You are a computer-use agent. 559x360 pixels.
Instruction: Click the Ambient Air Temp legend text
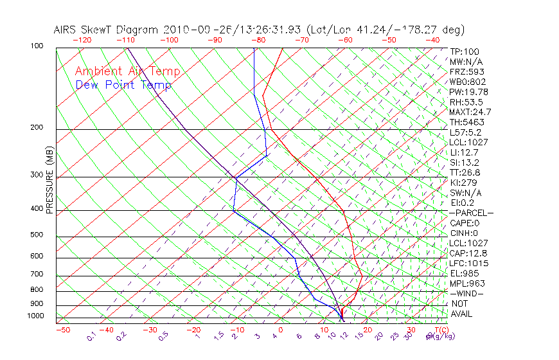click(128, 71)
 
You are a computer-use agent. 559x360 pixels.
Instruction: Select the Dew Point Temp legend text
click(123, 85)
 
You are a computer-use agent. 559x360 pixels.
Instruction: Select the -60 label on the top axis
click(345, 40)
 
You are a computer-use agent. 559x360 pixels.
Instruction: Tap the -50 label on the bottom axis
click(63, 330)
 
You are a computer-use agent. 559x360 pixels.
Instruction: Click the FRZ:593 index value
click(466, 72)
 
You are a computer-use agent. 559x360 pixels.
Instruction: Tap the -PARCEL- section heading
click(471, 213)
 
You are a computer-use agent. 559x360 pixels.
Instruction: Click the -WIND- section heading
click(467, 293)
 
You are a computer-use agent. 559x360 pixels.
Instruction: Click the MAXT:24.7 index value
click(470, 113)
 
